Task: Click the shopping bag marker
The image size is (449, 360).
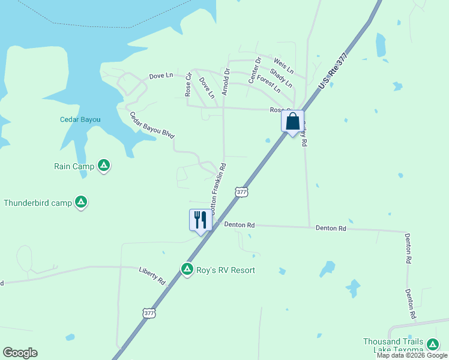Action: (x=292, y=122)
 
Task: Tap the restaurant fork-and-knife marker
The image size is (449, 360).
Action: (x=200, y=220)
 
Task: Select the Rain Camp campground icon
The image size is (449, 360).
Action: (x=104, y=165)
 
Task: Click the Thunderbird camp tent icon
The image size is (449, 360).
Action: (x=81, y=202)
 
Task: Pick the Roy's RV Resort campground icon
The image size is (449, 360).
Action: (x=187, y=269)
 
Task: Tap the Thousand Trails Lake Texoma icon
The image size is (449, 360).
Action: (x=432, y=344)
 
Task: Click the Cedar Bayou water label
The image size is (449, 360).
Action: (x=80, y=119)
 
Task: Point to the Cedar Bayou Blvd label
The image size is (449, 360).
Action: (x=151, y=125)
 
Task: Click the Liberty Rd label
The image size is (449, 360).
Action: (x=152, y=275)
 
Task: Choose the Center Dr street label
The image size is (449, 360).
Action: (x=255, y=70)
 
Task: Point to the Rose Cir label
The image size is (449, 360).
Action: (x=188, y=85)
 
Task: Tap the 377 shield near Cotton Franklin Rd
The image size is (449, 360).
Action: (x=241, y=192)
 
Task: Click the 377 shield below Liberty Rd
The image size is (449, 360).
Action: (x=149, y=313)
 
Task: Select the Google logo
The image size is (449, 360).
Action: (x=20, y=353)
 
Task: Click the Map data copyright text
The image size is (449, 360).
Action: (x=412, y=356)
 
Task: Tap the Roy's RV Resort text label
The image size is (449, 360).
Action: (x=226, y=270)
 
